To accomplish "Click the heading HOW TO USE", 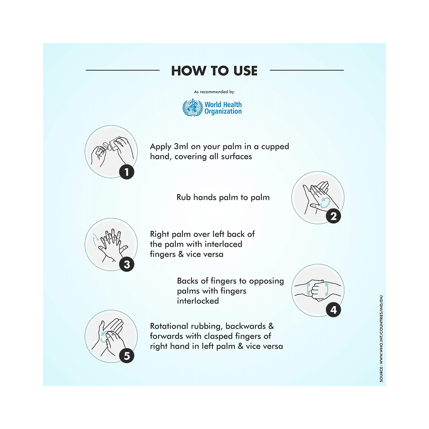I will coord(214,70).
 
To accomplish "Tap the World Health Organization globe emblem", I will coord(193,107).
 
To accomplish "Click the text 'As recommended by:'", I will coord(214,92).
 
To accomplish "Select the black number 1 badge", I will coord(126,172).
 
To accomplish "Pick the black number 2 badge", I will coord(333,216).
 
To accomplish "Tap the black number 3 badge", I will coord(126,264).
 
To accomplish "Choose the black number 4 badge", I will coord(333,309).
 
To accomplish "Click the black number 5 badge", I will coord(126,356).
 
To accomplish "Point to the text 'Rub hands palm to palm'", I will coord(223,197).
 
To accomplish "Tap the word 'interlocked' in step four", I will coord(198,301).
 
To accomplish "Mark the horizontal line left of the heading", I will coord(122,70).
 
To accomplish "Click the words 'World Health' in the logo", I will coord(223,105).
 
